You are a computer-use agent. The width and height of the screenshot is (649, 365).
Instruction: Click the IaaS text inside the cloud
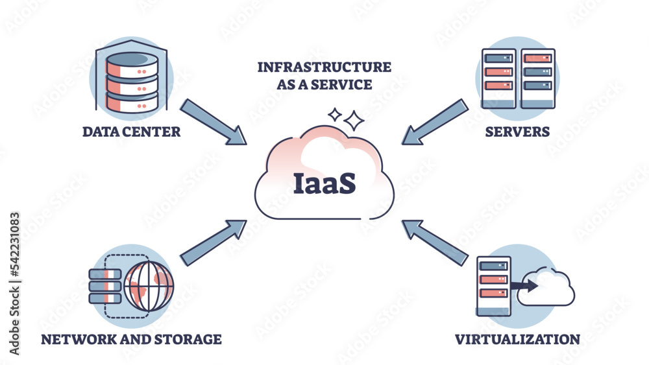pos(324,183)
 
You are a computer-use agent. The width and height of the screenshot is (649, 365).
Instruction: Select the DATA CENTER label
pos(131,132)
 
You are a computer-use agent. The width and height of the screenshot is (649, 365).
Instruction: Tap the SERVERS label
pos(517,132)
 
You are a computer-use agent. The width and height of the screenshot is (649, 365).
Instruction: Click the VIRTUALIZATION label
pos(517,338)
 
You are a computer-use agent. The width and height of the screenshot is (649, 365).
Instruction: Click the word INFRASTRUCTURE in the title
pos(324,67)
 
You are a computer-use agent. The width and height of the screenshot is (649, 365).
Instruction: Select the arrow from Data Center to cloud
pos(214,121)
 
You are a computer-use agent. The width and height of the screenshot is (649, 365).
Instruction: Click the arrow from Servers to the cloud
pos(434,121)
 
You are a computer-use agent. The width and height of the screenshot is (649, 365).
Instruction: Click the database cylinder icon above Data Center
pos(132,78)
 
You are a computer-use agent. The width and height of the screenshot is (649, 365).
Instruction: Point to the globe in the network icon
pos(150,284)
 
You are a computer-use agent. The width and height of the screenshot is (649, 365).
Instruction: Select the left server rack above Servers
pos(498,78)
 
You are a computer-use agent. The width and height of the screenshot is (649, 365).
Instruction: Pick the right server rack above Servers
pos(538,78)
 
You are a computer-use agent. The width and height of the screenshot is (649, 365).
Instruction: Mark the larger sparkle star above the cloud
pos(354,120)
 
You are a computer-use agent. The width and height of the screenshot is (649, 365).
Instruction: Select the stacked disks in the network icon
pos(105,285)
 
